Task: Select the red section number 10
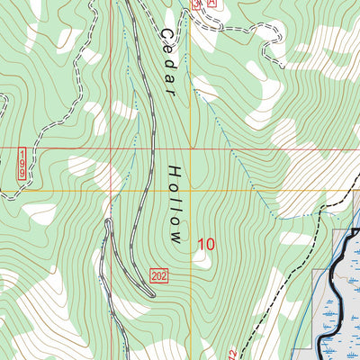[x=205, y=243]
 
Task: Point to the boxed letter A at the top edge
[x=212, y=4]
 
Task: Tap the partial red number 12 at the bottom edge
[x=233, y=354]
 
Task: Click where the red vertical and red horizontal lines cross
[x=190, y=148]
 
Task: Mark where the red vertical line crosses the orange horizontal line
[x=190, y=190]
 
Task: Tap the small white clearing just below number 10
[x=202, y=260]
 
